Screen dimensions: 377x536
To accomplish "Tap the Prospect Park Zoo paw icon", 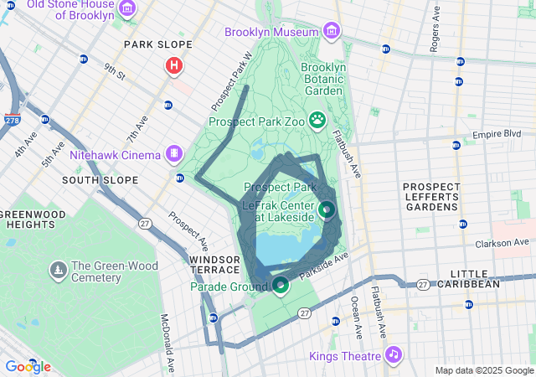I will tap(318, 121).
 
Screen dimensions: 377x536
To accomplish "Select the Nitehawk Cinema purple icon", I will tap(173, 153).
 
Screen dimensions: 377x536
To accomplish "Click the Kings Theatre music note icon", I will tap(393, 354).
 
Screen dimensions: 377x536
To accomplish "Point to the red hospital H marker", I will tap(174, 65).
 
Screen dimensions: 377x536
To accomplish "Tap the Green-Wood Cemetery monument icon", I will tap(58, 269).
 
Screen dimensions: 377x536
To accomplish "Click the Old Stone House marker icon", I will tap(127, 9).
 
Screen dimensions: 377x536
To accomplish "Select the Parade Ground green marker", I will tap(281, 286).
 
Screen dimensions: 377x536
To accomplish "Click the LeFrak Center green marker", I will tap(327, 209).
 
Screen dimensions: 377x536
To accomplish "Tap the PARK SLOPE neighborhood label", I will tap(157, 44).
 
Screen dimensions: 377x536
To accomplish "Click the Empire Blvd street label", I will tap(497, 133).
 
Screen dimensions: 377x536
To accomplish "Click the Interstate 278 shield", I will tap(13, 121).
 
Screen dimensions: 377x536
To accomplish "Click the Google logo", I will tap(28, 366).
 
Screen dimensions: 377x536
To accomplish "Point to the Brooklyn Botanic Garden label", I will tap(322, 79).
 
